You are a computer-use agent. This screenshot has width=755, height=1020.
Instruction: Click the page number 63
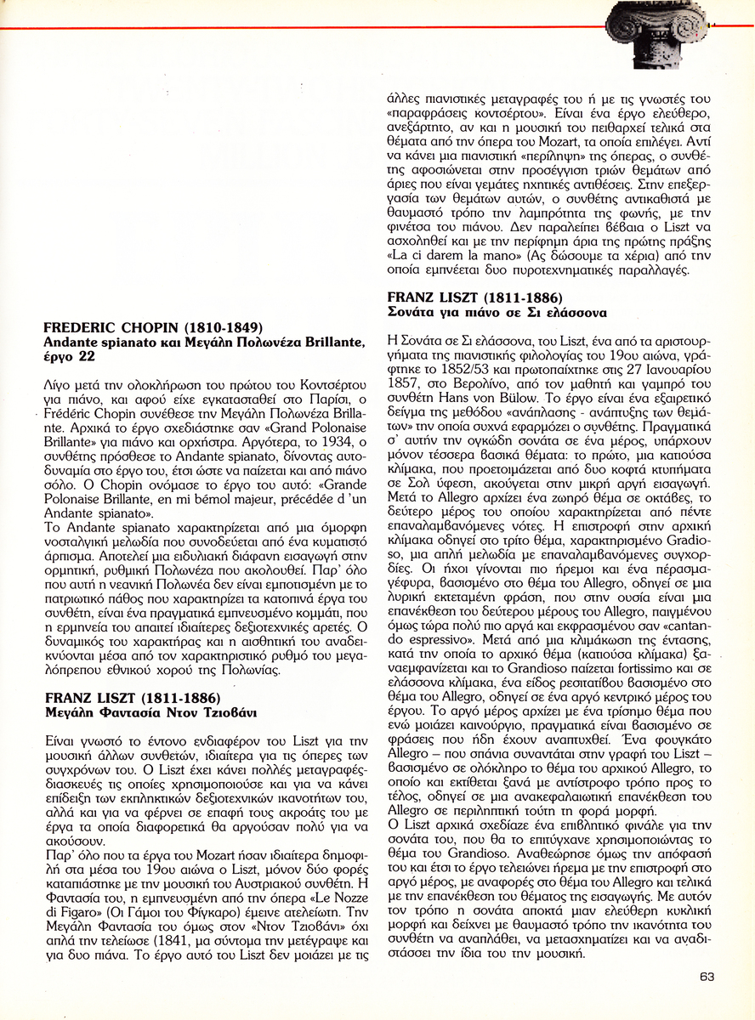[x=707, y=977]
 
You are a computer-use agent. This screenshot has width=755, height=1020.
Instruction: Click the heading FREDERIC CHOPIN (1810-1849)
[x=153, y=327]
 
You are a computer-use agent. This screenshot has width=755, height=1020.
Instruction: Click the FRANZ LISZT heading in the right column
[x=474, y=297]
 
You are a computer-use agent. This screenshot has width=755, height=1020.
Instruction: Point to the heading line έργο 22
[x=69, y=356]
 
